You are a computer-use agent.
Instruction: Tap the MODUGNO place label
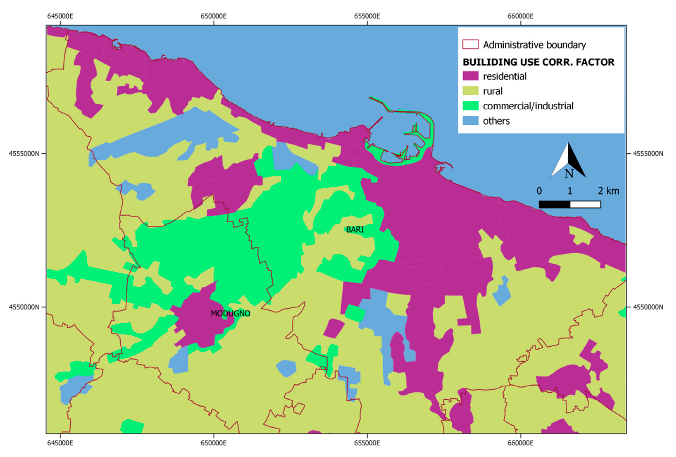(230, 314)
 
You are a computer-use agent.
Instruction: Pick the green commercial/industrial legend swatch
(470, 106)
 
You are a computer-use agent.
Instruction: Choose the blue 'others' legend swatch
(470, 121)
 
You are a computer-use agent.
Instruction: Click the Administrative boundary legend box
(470, 44)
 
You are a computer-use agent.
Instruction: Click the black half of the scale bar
(554, 205)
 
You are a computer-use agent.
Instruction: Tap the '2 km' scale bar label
(608, 191)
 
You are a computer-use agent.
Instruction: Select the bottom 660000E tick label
(520, 443)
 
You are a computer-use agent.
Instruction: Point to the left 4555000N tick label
(24, 153)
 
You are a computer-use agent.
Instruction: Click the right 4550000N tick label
(648, 307)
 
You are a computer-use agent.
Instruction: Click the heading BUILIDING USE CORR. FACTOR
(538, 62)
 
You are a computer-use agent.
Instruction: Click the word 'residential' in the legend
(505, 76)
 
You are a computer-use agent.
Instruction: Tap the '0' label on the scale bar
(539, 191)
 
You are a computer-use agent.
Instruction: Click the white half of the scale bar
(585, 205)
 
